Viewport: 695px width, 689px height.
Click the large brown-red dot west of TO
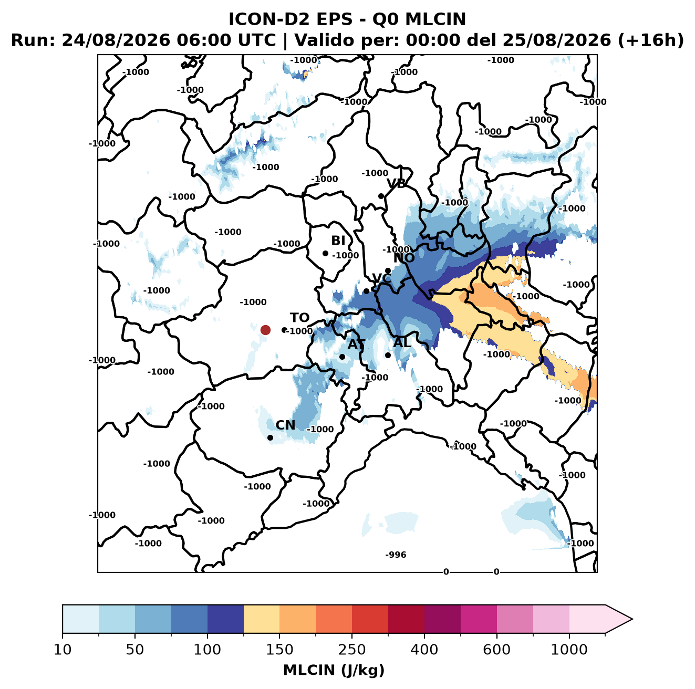265,330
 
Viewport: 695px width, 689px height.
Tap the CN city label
285,425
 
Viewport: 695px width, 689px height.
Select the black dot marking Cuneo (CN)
270,437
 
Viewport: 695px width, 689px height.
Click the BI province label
338,241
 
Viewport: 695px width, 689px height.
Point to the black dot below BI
325,253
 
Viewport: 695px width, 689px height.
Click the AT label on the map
356,344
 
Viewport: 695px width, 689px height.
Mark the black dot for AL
388,355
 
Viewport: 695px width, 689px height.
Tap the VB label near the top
396,183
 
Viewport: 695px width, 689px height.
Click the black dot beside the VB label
381,196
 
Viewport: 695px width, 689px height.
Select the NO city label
404,258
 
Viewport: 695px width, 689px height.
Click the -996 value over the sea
396,555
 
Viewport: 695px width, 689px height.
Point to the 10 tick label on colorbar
63,650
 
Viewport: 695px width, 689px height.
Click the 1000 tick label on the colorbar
569,650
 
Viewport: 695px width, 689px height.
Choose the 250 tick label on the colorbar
351,650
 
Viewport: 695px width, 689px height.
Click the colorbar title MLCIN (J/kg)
334,671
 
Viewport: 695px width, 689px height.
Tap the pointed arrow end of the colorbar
632,619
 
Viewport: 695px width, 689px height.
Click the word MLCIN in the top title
435,19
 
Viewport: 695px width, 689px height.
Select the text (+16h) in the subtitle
650,40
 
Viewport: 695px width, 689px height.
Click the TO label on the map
299,318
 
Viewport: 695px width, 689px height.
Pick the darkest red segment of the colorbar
406,619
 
